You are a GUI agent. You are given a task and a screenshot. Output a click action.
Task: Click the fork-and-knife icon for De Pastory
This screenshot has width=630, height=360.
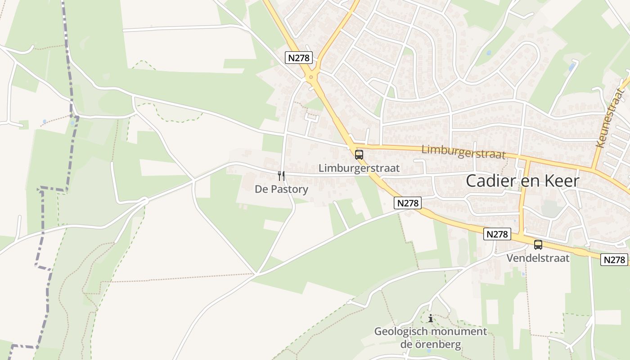tap(281, 175)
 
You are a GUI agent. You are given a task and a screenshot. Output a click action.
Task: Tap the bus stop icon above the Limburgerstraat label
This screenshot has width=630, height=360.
tap(359, 155)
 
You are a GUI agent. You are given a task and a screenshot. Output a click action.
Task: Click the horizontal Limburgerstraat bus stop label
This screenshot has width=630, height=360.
tap(359, 168)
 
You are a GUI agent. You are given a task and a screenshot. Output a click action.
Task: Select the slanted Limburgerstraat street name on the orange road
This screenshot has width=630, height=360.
tap(463, 151)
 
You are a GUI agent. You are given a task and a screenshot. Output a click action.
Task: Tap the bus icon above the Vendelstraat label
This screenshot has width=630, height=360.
tap(538, 245)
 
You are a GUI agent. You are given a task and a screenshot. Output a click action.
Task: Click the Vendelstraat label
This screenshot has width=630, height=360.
tap(538, 258)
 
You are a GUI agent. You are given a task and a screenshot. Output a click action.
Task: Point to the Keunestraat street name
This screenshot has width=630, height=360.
tap(610, 118)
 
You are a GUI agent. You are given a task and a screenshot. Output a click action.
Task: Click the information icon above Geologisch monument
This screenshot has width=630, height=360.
tap(430, 318)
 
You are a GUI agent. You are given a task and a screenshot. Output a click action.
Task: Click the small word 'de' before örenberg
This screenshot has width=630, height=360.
tap(406, 345)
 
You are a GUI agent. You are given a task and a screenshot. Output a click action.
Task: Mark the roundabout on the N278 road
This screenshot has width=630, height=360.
tap(311, 78)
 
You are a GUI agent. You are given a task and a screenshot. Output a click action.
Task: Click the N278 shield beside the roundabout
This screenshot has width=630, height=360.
tap(299, 58)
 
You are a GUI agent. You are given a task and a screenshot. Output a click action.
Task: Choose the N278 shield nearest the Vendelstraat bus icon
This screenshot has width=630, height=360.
tap(498, 234)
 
